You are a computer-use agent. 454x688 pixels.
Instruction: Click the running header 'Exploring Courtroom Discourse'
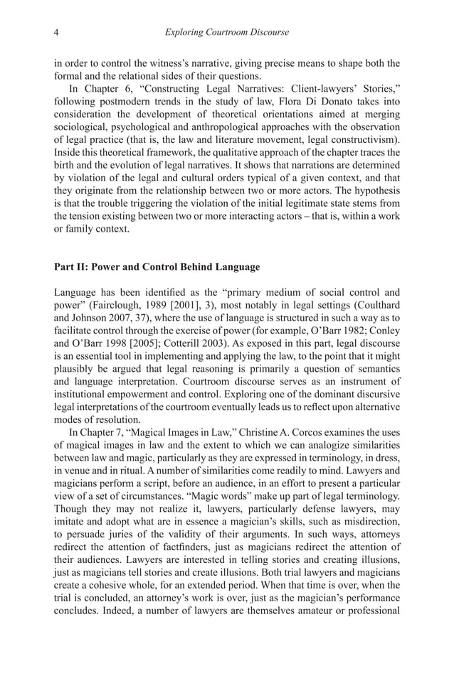point(226,32)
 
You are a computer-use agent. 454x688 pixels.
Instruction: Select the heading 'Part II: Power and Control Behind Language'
point(157,267)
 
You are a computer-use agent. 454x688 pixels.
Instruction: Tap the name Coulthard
point(372,305)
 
